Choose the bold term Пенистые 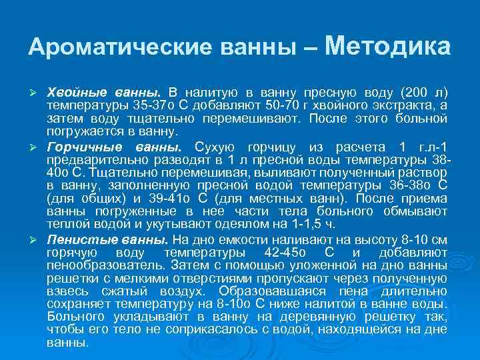pyautogui.click(x=75, y=239)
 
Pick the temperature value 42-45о pyautogui.click(x=272, y=253)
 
